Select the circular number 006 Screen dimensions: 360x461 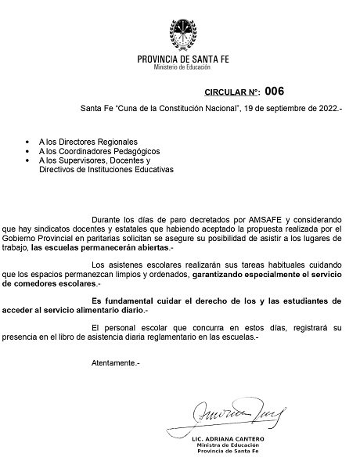[275, 91]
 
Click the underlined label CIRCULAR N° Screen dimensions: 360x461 [232, 92]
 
